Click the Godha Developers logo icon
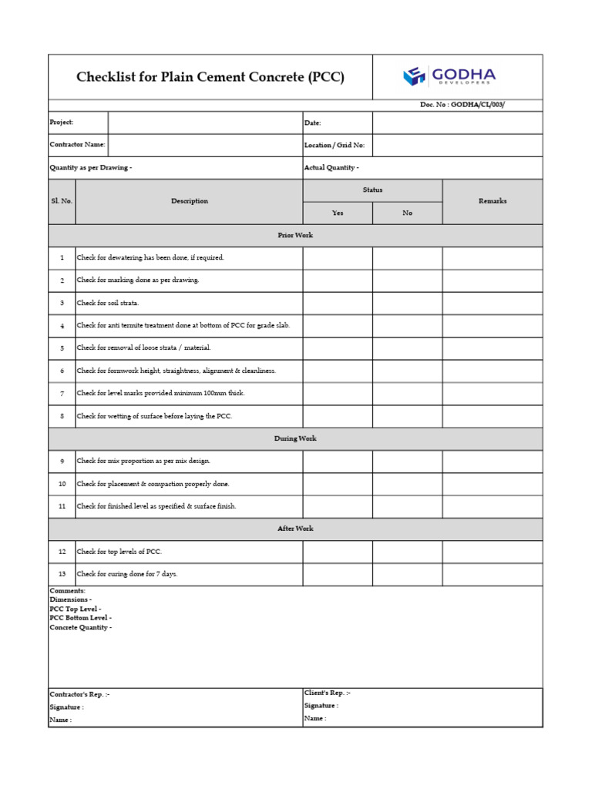coord(414,76)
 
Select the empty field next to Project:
coord(204,123)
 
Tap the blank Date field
coord(457,123)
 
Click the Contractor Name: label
coord(78,145)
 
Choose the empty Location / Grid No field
coord(457,145)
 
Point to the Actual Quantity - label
coord(331,167)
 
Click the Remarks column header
coord(492,201)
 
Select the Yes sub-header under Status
coord(337,213)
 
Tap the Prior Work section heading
coord(295,235)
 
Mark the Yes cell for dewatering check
coord(337,258)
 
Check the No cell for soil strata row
coord(407,303)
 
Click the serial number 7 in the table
coord(62,394)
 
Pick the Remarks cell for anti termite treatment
coord(492,326)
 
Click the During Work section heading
coord(295,438)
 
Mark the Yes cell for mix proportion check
coord(337,462)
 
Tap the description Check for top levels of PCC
coord(119,552)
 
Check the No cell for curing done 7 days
coord(407,574)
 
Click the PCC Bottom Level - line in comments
coord(80,618)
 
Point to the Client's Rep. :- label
coord(327,693)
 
